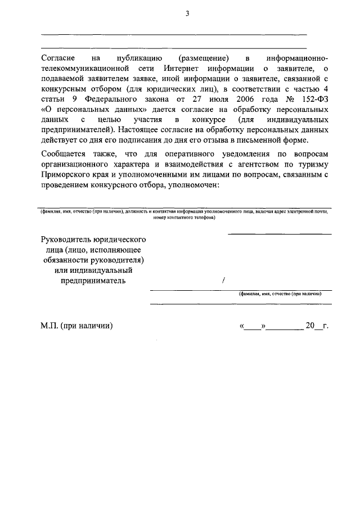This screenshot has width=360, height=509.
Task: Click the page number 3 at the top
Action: (187, 14)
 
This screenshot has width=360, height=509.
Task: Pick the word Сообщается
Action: (64, 154)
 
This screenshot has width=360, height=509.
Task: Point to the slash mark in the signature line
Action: (223, 280)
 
